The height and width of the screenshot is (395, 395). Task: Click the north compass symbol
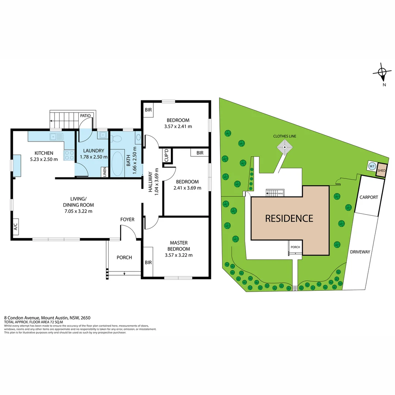(x=382, y=73)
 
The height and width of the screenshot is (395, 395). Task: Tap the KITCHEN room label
(x=44, y=153)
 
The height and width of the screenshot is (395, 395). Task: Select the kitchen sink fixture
(x=57, y=137)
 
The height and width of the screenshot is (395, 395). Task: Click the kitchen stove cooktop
(x=69, y=155)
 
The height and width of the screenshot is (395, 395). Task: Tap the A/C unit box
(x=15, y=227)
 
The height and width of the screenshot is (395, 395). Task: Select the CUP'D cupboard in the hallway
(x=167, y=155)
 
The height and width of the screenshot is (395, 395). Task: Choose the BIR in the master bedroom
(x=148, y=262)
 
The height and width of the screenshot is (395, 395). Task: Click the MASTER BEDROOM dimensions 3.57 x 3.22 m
(x=178, y=255)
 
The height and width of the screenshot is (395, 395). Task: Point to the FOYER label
(x=127, y=219)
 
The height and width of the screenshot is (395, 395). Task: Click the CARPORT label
(x=368, y=197)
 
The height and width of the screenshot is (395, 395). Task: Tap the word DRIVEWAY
(x=360, y=252)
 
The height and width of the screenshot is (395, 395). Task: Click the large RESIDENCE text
(x=289, y=218)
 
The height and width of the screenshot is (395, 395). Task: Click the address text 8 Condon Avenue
(x=22, y=318)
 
